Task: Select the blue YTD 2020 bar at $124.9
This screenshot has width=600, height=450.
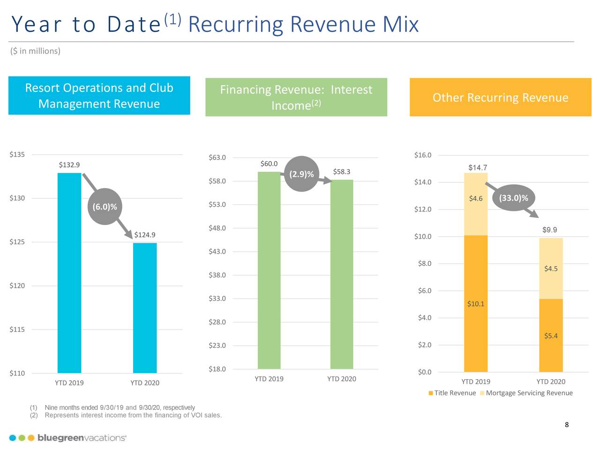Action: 145,307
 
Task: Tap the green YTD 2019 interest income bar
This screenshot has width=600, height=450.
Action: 269,270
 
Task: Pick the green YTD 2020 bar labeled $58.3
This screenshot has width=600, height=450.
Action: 342,274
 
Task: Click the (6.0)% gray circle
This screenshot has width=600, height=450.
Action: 105,207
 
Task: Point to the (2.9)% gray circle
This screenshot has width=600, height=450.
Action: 301,174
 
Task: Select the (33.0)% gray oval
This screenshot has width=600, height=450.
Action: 513,198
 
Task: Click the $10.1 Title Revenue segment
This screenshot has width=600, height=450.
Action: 476,304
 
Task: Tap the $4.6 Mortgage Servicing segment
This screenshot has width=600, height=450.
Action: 476,204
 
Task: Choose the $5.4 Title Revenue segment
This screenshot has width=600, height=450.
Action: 551,336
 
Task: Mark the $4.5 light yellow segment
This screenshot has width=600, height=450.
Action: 551,269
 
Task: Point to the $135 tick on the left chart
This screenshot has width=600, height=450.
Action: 17,155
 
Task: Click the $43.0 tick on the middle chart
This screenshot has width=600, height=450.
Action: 217,252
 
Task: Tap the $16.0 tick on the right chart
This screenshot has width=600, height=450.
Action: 423,155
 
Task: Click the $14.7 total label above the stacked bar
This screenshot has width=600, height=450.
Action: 478,168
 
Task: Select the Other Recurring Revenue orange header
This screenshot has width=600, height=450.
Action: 500,97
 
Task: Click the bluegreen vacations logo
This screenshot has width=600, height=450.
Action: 67,438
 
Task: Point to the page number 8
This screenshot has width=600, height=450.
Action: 567,425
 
